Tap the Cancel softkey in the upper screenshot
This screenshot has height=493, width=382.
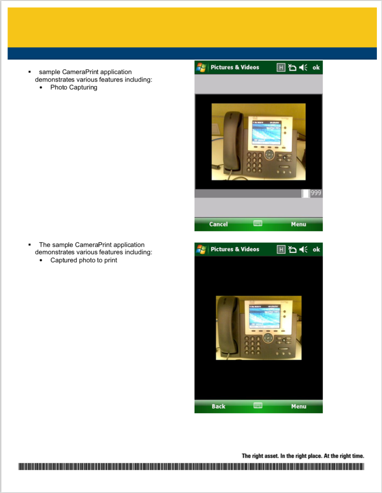(218, 224)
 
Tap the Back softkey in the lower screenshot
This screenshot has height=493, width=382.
(218, 406)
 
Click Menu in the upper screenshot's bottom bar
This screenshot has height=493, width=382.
(298, 224)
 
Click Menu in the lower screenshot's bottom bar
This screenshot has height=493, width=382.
(298, 406)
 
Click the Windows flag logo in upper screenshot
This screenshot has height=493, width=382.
(201, 67)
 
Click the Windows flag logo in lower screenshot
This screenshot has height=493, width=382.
(201, 249)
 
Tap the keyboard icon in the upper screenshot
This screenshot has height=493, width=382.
(258, 223)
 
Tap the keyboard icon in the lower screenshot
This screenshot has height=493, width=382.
(258, 405)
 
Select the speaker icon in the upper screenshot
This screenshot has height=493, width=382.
(303, 67)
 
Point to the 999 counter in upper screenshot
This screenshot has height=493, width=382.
(315, 193)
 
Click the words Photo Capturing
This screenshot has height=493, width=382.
(74, 87)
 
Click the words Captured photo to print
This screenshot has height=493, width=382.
(84, 260)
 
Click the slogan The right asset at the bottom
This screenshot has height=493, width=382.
(303, 456)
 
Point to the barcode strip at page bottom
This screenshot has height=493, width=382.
(191, 466)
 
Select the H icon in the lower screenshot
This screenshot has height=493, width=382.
(281, 249)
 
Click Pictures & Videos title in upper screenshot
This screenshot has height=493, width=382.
(235, 67)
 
